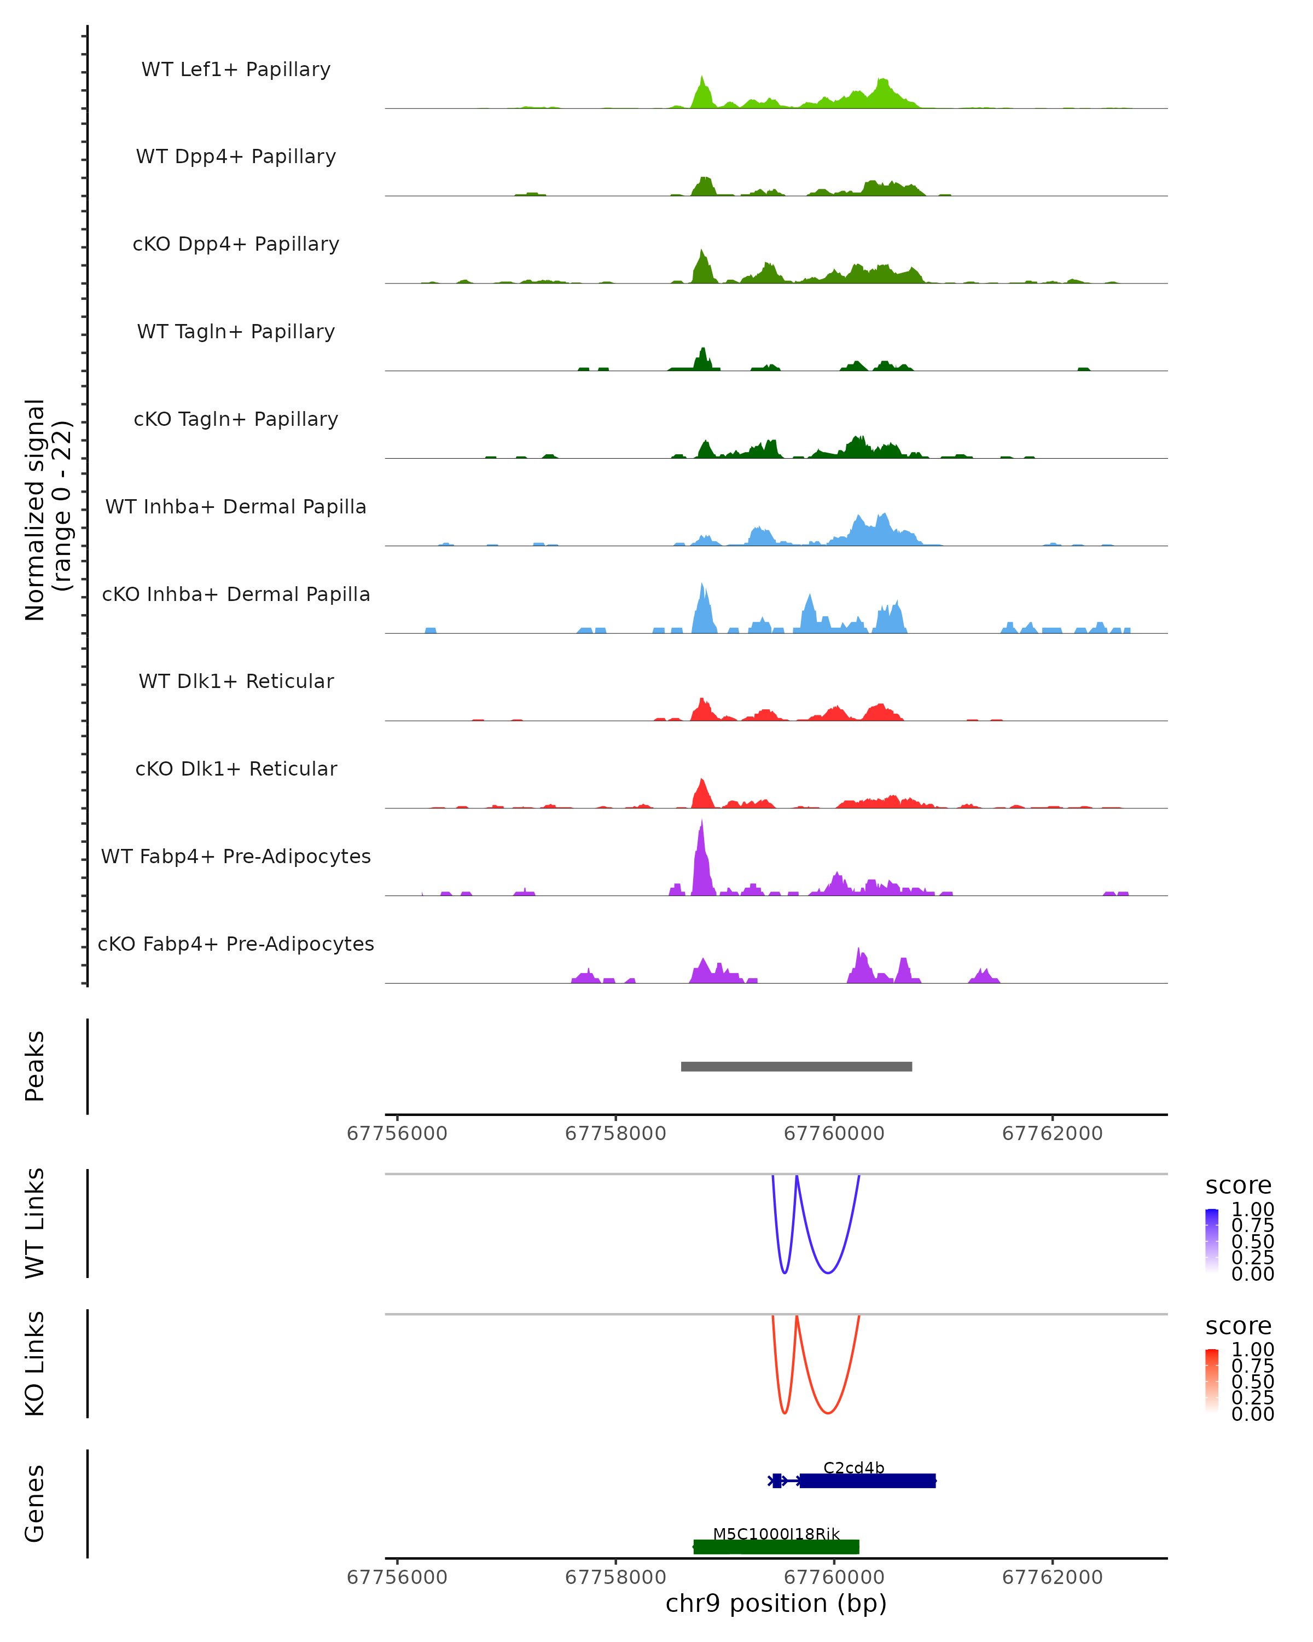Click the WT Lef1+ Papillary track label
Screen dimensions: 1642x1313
[236, 70]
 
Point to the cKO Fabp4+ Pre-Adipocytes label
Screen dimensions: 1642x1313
[236, 944]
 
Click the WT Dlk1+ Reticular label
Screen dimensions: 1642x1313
[236, 681]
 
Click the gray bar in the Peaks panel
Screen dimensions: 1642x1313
[796, 1066]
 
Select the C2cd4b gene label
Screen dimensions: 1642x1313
[853, 1467]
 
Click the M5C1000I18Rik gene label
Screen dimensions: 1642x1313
[776, 1534]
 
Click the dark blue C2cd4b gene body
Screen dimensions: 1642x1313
[867, 1481]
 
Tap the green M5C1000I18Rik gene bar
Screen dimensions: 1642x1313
[776, 1547]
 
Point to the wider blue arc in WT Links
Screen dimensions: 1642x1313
[828, 1272]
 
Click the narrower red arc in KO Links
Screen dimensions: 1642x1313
[785, 1413]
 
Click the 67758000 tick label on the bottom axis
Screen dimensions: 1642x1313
[615, 1577]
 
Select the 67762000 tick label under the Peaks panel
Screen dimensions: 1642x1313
[1052, 1134]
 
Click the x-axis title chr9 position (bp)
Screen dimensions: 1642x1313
[776, 1604]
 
